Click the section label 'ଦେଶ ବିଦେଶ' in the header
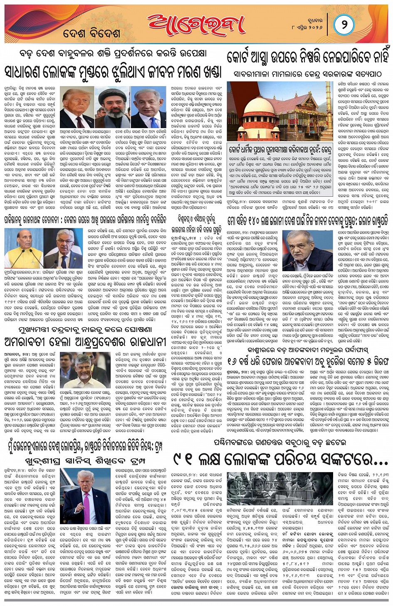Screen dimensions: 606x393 point(92,33)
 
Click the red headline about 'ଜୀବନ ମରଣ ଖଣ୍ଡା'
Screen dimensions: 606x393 point(113,72)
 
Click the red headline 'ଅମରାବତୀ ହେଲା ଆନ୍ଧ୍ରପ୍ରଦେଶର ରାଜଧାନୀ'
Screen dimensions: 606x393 point(85,342)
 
